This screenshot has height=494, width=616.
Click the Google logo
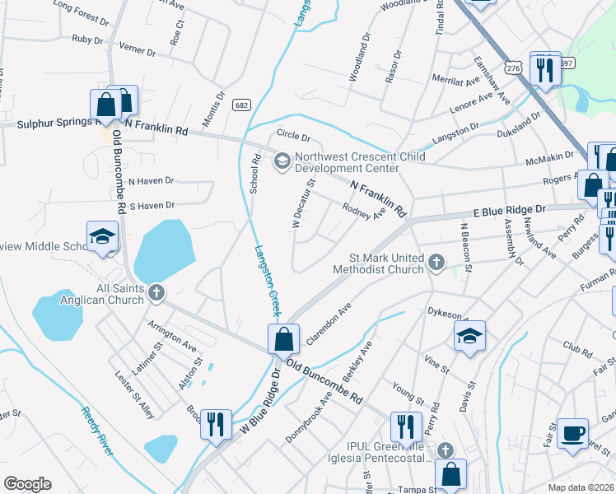click(x=27, y=484)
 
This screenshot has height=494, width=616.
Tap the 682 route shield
click(x=241, y=105)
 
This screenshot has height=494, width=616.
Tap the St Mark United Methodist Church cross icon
click(x=436, y=263)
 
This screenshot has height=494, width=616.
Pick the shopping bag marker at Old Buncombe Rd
click(x=282, y=339)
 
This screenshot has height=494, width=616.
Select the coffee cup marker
click(x=572, y=431)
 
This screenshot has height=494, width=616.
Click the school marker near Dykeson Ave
click(x=469, y=336)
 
